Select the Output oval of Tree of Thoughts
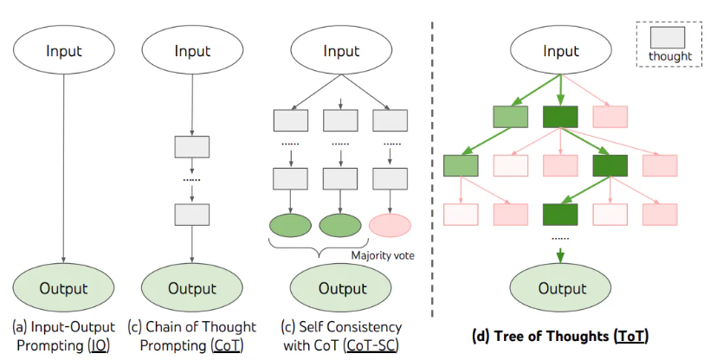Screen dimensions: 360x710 point(562,288)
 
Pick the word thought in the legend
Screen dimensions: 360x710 point(669,57)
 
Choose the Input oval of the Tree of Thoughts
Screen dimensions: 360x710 point(561,49)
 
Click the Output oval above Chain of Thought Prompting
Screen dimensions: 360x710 point(192,288)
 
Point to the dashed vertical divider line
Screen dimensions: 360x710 point(432,173)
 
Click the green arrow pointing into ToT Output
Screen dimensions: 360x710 point(561,254)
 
